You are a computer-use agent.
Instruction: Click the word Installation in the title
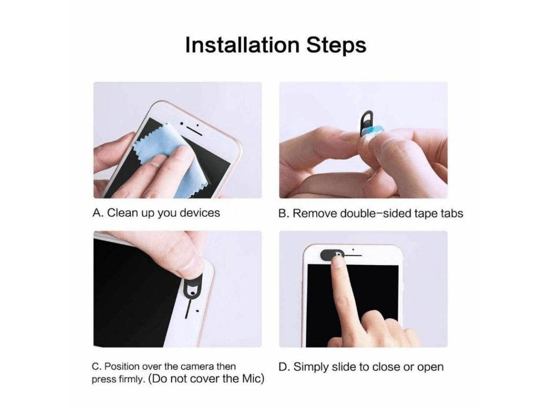pyautogui.click(x=242, y=45)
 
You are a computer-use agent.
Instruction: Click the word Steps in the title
pyautogui.click(x=336, y=46)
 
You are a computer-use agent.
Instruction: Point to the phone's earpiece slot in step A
pyautogui.click(x=194, y=131)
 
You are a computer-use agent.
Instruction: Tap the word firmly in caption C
pyautogui.click(x=132, y=379)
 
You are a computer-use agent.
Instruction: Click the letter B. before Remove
pyautogui.click(x=284, y=213)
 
